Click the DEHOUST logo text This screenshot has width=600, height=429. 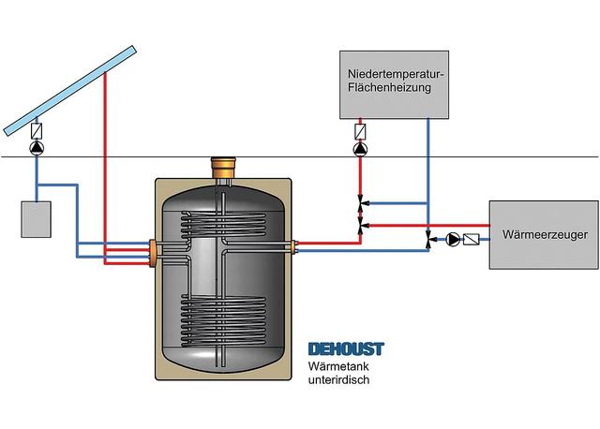(x=346, y=349)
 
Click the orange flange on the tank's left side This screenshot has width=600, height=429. (x=152, y=253)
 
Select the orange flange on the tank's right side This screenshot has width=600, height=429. (x=295, y=247)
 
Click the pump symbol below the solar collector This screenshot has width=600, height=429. (x=37, y=148)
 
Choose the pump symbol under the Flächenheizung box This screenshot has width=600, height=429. (x=361, y=148)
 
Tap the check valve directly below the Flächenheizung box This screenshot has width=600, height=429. (x=361, y=131)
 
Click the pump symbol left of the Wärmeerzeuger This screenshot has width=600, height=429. (x=454, y=240)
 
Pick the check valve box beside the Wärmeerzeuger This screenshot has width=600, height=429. (x=472, y=240)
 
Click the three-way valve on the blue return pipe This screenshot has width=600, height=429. (x=429, y=241)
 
